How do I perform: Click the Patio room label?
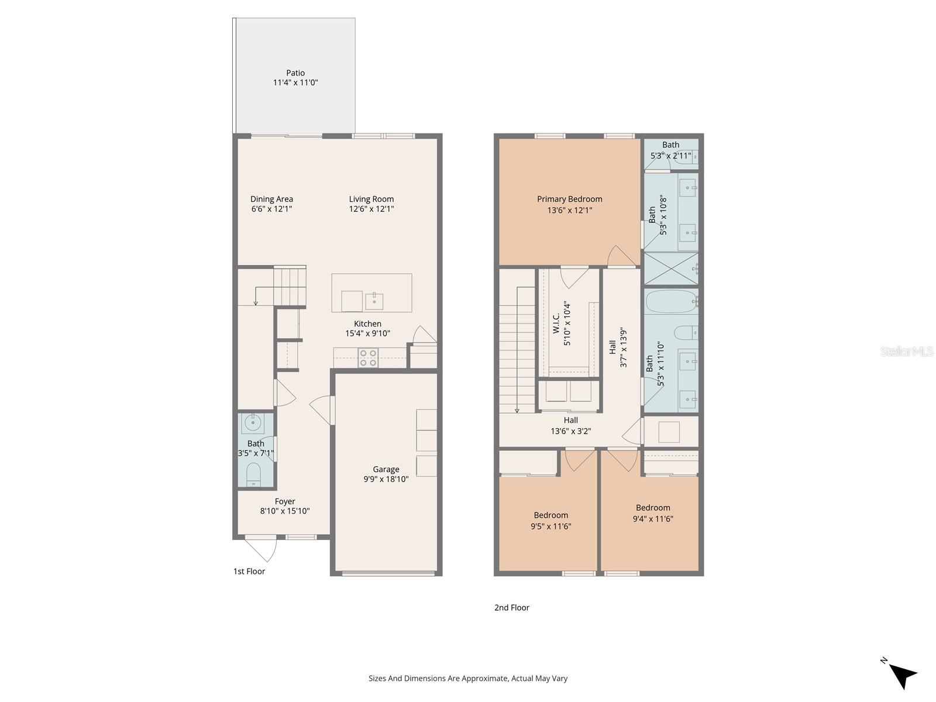click(x=295, y=73)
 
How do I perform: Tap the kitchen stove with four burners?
click(x=368, y=358)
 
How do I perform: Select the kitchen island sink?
click(x=374, y=301)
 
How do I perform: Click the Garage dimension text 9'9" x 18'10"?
click(x=386, y=479)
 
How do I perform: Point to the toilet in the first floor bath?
click(x=253, y=473)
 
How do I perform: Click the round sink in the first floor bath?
click(x=253, y=422)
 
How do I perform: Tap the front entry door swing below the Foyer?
click(x=261, y=550)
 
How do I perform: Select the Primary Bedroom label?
click(x=569, y=199)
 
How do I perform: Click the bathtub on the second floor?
click(x=670, y=302)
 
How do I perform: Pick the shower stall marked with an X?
click(x=670, y=269)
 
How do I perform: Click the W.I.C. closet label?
click(x=556, y=323)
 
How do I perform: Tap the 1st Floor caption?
click(x=249, y=572)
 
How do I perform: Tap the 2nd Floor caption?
click(x=511, y=608)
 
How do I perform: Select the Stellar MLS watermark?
click(x=907, y=351)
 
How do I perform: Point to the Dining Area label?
click(x=271, y=199)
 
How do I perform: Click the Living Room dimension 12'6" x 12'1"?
click(x=371, y=209)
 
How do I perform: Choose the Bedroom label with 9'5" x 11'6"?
click(x=550, y=515)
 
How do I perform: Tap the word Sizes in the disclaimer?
click(x=377, y=679)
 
